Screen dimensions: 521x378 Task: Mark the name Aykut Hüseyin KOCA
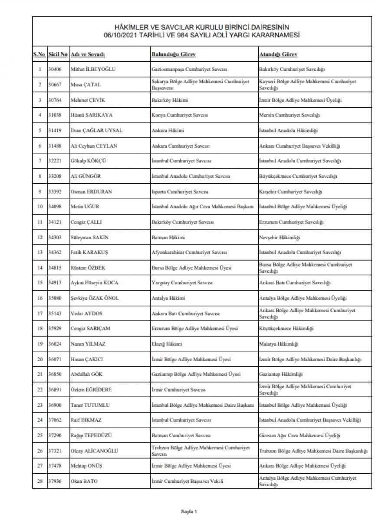pos(95,283)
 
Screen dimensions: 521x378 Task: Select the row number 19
pos(39,343)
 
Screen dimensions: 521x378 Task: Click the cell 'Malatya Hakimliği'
pos(279,343)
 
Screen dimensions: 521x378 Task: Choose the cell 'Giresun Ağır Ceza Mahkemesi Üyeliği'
pos(299,435)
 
